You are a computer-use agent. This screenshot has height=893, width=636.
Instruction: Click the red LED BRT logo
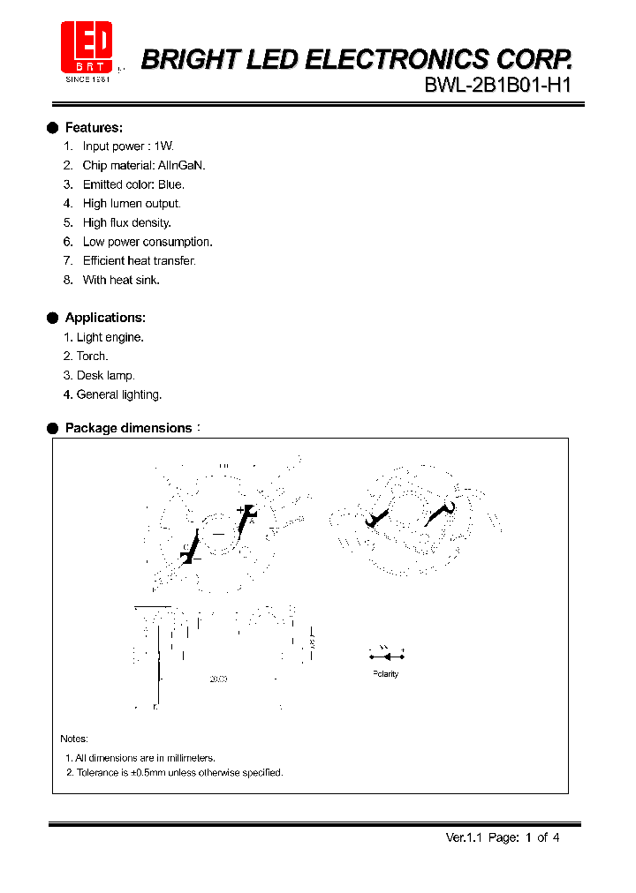(x=86, y=49)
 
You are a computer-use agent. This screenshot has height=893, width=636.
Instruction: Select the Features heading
(x=94, y=127)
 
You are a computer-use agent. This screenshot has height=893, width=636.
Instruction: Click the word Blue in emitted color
(x=170, y=184)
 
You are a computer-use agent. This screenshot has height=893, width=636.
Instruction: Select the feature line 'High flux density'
(x=126, y=223)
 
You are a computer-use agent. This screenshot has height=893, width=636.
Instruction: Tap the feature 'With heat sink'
(x=121, y=280)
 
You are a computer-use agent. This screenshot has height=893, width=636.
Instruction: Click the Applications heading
(x=105, y=318)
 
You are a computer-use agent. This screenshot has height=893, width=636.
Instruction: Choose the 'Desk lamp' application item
(x=105, y=376)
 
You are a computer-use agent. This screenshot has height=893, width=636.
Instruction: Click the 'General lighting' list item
(x=118, y=395)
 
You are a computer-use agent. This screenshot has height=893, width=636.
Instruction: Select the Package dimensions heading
(x=128, y=428)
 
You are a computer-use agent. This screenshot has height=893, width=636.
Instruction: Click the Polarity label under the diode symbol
(x=386, y=674)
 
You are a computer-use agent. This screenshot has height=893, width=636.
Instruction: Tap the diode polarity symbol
(x=386, y=655)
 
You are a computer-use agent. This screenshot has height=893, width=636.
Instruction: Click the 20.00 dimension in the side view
(x=218, y=679)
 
